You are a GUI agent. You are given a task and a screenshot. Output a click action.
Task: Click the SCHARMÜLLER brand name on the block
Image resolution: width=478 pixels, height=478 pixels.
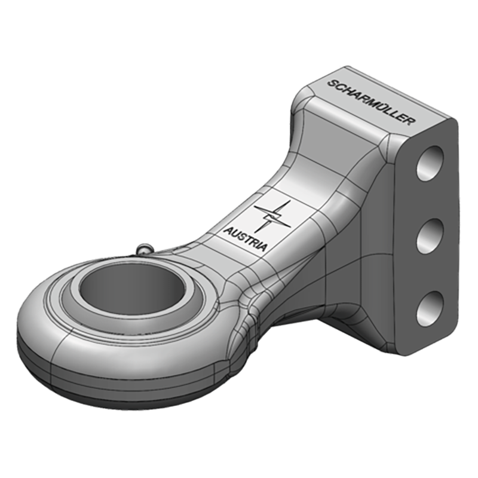tap(369, 101)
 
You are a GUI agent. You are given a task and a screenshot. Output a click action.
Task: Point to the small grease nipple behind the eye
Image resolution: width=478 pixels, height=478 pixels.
tap(144, 248)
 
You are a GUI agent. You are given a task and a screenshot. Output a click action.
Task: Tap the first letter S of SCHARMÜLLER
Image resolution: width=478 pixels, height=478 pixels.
tap(330, 82)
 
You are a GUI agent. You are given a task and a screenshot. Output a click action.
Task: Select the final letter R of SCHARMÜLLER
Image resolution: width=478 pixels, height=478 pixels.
tap(409, 121)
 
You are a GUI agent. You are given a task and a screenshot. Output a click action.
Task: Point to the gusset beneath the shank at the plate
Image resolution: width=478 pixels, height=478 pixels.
tap(335, 299)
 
